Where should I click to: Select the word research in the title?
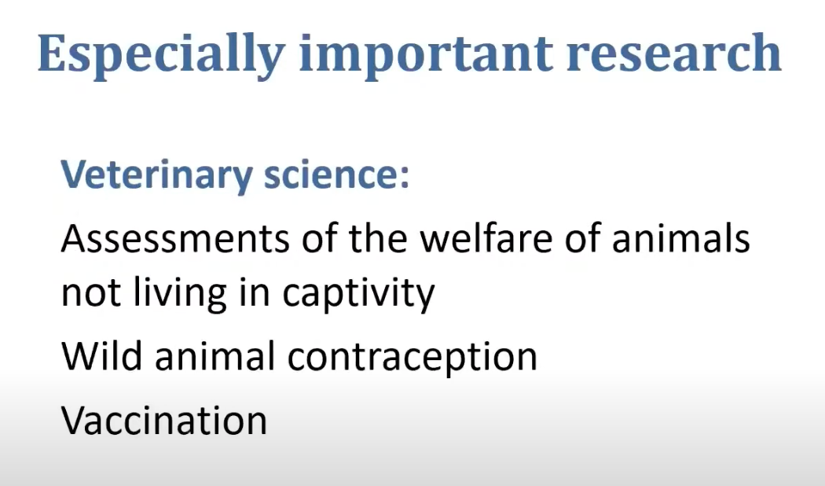point(674,53)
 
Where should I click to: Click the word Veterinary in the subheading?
point(157,175)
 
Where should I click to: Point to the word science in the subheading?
point(330,174)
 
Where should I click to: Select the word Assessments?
point(175,238)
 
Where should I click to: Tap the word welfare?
point(486,238)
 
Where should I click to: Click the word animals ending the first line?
point(681,238)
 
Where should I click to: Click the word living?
point(180,295)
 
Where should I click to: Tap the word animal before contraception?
point(215,355)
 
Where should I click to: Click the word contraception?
point(412,358)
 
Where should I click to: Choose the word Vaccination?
point(164,420)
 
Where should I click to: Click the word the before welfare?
point(377,238)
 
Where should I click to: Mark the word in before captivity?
point(254,293)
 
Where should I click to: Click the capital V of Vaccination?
point(75,420)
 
